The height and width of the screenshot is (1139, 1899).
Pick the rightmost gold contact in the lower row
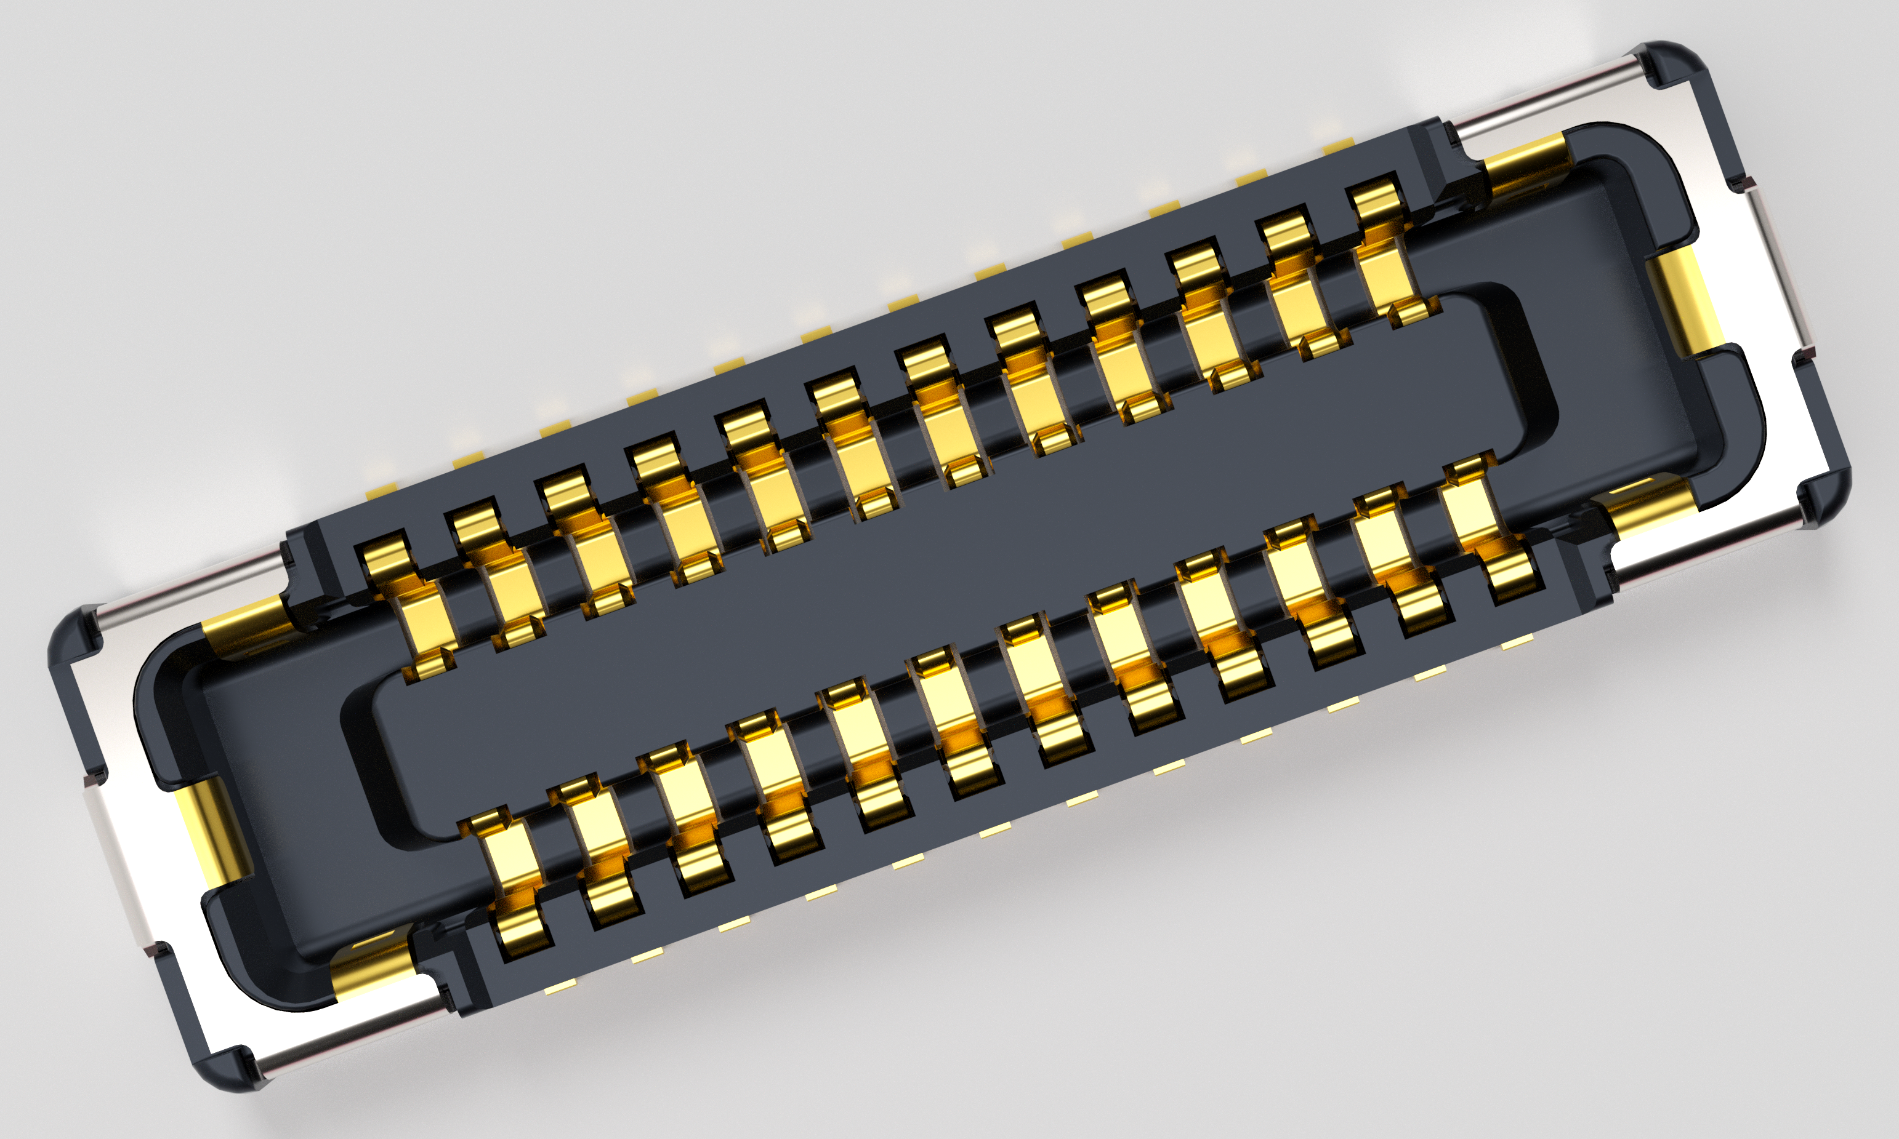(1486, 530)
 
